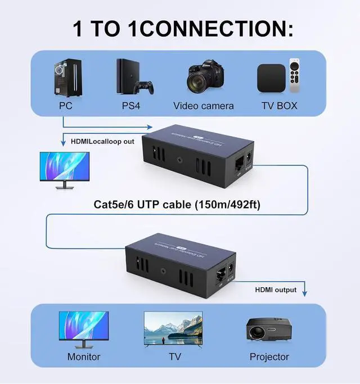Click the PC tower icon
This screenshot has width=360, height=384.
[65, 78]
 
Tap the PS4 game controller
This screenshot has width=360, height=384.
[146, 88]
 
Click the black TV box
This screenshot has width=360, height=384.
[271, 78]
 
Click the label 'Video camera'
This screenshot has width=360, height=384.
[203, 106]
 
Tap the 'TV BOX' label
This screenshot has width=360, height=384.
[279, 106]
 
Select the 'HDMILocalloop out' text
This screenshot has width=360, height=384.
[103, 141]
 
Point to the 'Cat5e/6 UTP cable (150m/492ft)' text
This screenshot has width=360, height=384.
[177, 205]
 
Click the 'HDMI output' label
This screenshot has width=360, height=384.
[276, 290]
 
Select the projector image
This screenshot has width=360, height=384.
[268, 329]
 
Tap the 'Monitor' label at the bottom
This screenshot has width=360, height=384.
[84, 357]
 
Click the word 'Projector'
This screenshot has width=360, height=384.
[269, 357]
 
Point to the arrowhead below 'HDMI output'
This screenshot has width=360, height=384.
[305, 293]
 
